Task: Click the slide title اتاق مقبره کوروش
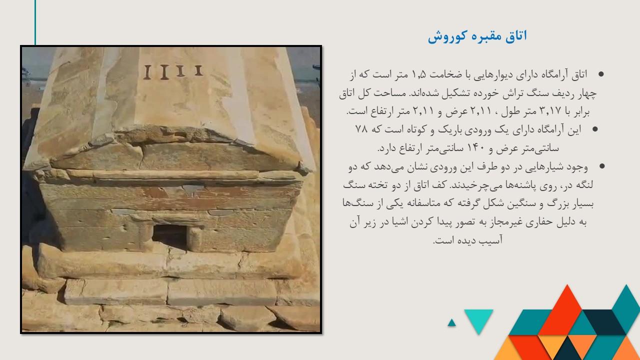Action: click(x=477, y=36)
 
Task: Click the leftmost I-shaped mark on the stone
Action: click(x=147, y=72)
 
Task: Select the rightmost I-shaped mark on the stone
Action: click(x=198, y=70)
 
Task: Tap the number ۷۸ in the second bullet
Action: click(x=361, y=129)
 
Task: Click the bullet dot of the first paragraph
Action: click(x=601, y=74)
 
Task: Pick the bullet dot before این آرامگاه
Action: click(x=595, y=129)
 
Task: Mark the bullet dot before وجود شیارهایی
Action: click(x=601, y=166)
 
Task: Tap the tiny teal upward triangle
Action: click(x=451, y=323)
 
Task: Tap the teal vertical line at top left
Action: click(x=35, y=22)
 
